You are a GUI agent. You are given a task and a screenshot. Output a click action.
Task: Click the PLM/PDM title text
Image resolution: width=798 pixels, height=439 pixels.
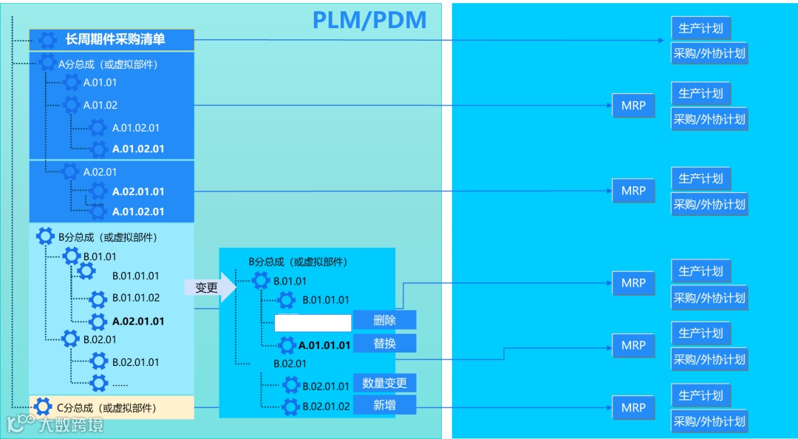(369, 20)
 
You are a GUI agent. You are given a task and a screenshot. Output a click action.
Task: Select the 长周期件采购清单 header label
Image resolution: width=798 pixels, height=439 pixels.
(115, 39)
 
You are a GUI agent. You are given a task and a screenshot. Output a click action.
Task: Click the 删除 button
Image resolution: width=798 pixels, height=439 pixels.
(384, 320)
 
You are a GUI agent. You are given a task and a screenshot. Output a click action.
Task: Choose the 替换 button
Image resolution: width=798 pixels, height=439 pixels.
(384, 344)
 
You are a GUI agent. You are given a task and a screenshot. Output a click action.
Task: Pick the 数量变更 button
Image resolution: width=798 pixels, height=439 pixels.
(384, 383)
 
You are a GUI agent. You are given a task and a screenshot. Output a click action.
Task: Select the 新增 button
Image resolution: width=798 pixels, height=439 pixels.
(384, 405)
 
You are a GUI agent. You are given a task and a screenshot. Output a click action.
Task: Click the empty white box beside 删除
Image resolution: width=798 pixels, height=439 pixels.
(313, 323)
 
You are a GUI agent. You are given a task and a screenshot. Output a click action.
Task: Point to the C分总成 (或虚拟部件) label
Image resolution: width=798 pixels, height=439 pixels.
(106, 407)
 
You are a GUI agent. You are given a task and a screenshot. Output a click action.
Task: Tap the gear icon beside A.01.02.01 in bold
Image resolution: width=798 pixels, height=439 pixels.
(98, 149)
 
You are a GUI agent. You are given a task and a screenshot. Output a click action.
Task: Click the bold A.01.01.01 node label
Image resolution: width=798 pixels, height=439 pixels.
(324, 345)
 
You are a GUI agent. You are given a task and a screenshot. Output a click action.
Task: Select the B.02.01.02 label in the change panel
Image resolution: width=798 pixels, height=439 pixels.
(326, 406)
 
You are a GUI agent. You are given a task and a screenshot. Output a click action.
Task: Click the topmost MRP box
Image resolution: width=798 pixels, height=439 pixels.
(633, 106)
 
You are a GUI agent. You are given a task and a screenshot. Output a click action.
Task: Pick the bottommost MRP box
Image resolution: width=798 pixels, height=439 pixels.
(633, 407)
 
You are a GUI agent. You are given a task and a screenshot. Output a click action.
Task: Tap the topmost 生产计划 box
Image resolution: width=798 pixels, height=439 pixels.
(700, 29)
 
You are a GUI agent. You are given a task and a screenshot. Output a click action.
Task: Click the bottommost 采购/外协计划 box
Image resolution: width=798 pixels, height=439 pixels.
(709, 421)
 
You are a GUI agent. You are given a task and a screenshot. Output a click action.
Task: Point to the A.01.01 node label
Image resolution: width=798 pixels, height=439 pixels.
(100, 82)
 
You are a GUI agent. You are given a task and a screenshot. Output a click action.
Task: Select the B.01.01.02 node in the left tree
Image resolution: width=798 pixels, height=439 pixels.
(136, 298)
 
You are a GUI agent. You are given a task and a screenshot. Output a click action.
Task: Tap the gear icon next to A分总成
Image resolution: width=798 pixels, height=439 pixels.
(47, 64)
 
